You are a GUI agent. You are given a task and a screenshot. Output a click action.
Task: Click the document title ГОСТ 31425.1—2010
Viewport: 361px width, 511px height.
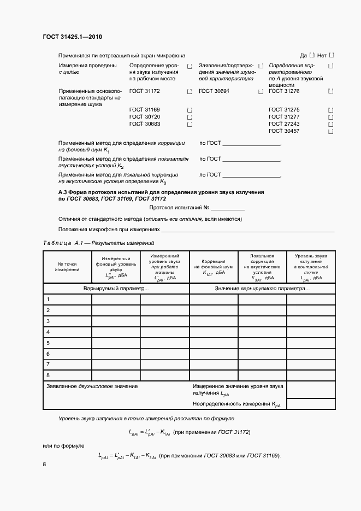72,37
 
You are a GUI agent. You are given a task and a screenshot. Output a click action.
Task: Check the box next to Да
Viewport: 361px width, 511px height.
312,55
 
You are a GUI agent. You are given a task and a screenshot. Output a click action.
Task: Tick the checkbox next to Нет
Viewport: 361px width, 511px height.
332,55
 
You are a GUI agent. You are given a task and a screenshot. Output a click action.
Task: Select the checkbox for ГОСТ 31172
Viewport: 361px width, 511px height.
190,91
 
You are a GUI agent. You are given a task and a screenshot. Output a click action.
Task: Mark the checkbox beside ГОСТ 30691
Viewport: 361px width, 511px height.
261,91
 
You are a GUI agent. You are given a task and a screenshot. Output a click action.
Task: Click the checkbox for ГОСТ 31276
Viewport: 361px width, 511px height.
331,91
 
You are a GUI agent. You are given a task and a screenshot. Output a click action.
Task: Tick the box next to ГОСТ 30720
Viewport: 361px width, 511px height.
190,117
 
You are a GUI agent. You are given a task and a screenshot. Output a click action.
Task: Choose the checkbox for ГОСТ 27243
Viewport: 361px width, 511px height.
331,124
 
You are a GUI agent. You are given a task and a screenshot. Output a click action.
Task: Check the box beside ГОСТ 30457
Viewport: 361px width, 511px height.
331,131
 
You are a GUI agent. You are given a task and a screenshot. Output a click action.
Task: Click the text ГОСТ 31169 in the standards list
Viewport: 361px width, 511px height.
145,110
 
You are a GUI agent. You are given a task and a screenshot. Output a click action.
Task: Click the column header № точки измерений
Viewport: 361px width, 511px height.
67,266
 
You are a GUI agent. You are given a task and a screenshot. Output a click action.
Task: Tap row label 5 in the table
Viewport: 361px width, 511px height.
48,343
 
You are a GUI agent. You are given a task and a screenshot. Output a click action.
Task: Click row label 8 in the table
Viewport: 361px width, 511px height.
48,375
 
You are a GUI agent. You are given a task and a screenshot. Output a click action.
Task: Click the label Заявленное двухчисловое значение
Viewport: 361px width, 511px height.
92,386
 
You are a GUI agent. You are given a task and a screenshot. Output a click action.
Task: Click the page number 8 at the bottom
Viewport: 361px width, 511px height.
44,464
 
